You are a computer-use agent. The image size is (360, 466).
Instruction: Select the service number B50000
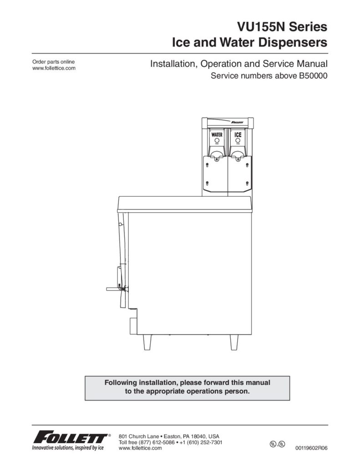(311, 76)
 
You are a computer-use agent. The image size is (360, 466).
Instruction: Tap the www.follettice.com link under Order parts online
(54, 68)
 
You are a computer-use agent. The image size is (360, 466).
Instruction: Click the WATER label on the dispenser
(217, 135)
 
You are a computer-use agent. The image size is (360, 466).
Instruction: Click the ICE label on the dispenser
(238, 135)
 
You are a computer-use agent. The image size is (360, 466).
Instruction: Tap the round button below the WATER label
(217, 140)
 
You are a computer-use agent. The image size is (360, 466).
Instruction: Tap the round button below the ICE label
(238, 140)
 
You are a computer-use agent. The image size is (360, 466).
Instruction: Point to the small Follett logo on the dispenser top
(238, 122)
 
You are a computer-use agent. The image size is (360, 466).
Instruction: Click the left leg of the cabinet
(147, 342)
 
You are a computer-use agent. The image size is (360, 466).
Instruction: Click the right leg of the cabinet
(234, 342)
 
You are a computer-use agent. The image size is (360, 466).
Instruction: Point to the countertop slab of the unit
(185, 204)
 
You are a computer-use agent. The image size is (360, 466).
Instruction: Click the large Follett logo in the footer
(71, 437)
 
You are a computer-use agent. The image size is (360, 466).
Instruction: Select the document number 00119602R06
(311, 448)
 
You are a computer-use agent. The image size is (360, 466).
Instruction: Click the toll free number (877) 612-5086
(157, 442)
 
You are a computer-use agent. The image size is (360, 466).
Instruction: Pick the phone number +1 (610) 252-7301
(201, 442)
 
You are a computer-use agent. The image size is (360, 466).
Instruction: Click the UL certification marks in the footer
(277, 444)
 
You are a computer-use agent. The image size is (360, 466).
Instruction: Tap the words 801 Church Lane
(139, 436)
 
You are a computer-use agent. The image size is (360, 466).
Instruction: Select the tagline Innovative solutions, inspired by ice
(68, 448)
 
